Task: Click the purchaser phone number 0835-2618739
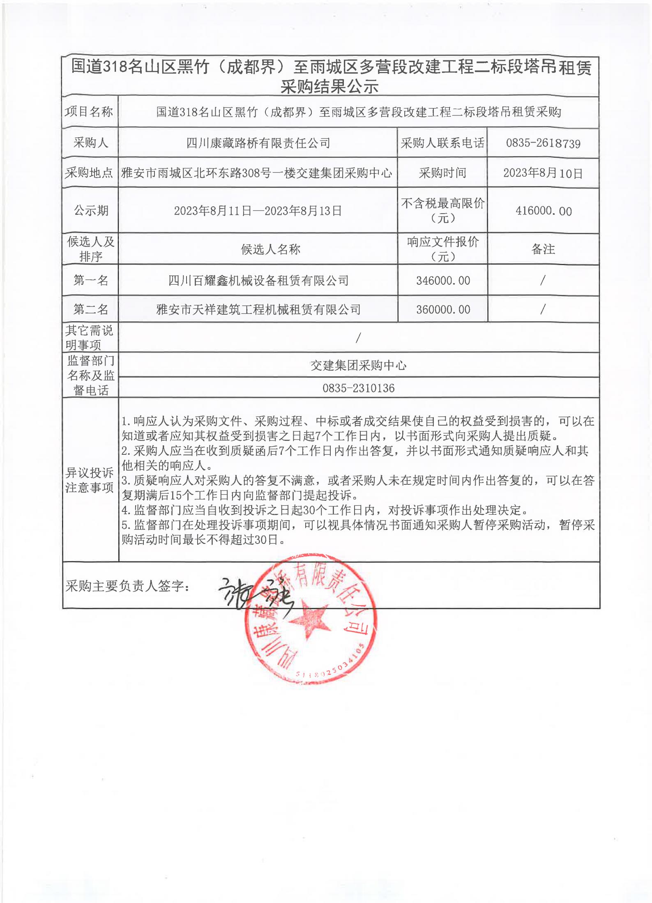(x=543, y=143)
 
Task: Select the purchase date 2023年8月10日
(x=543, y=173)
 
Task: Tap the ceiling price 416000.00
(x=543, y=211)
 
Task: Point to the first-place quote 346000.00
(x=443, y=281)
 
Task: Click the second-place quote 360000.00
(x=443, y=309)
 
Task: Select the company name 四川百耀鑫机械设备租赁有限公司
(x=258, y=281)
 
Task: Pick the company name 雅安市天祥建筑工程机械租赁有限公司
(x=258, y=309)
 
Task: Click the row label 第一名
(x=90, y=280)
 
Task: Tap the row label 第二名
(x=90, y=309)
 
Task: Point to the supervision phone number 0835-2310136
(x=358, y=388)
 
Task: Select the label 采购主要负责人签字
(x=127, y=586)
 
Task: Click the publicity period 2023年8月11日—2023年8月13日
(x=258, y=211)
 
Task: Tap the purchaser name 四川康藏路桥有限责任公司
(x=258, y=143)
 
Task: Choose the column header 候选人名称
(x=270, y=249)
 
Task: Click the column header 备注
(x=543, y=249)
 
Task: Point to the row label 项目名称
(x=89, y=111)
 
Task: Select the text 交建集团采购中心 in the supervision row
(x=358, y=365)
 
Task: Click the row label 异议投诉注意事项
(x=90, y=480)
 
